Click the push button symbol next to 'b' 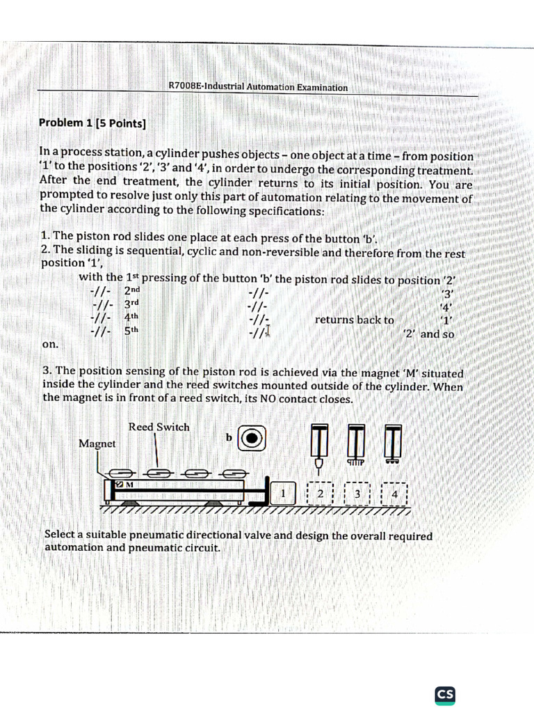click(252, 437)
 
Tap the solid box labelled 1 click(283, 494)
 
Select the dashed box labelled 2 click(320, 494)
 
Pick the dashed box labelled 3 click(357, 494)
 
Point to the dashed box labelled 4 click(394, 494)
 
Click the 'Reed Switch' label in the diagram click(159, 427)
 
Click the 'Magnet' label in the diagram click(97, 444)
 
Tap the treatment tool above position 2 click(319, 446)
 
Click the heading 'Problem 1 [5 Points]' click(92, 123)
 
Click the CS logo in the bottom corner click(445, 694)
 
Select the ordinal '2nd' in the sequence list click(131, 292)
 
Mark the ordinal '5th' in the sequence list click(131, 331)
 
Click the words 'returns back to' click(354, 320)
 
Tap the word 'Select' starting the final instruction click(60, 535)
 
